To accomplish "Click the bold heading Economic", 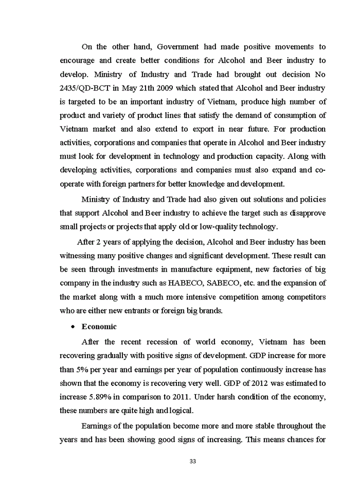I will (x=99, y=326).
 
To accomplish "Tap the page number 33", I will (x=193, y=461).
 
